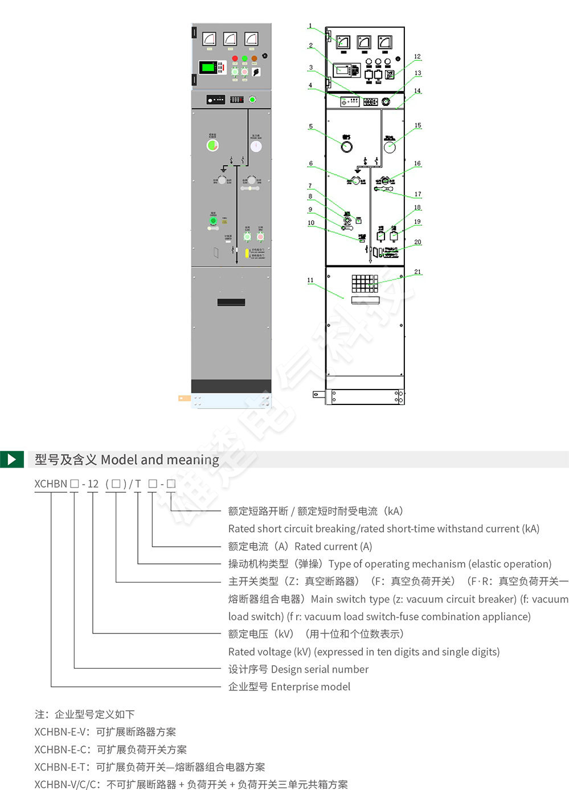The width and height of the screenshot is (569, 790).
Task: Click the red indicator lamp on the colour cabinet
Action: click(x=234, y=58)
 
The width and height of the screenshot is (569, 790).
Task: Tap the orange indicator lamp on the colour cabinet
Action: click(x=255, y=58)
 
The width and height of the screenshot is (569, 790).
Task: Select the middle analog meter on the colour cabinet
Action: click(x=230, y=39)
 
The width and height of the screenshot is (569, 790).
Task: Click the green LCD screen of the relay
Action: click(x=208, y=67)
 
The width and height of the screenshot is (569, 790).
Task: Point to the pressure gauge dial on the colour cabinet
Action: click(x=256, y=146)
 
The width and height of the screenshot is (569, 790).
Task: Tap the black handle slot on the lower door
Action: click(x=231, y=302)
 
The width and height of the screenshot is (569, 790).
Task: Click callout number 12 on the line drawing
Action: click(x=417, y=57)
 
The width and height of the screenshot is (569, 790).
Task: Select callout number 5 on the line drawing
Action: click(x=311, y=126)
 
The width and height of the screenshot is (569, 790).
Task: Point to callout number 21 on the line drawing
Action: click(x=417, y=272)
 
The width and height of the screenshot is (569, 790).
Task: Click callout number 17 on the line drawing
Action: click(x=417, y=194)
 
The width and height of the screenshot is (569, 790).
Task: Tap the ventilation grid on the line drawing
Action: click(x=365, y=284)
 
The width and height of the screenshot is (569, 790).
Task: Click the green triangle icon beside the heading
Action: click(x=11, y=459)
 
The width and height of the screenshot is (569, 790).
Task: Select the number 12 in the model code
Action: click(x=93, y=484)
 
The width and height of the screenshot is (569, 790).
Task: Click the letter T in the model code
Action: click(x=138, y=484)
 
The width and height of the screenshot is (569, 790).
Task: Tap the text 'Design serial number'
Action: click(x=320, y=669)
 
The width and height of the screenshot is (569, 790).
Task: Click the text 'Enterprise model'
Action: click(x=310, y=687)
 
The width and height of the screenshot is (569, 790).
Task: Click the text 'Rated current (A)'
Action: click(x=333, y=547)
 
